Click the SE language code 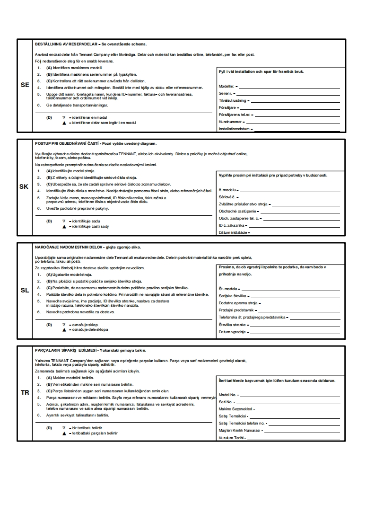point(25,85)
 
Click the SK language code point(24,186)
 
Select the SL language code point(25,290)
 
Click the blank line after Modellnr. point(289,88)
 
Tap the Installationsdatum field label point(234,129)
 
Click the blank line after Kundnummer point(293,122)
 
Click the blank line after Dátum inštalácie point(295,233)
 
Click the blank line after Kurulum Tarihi point(293,439)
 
